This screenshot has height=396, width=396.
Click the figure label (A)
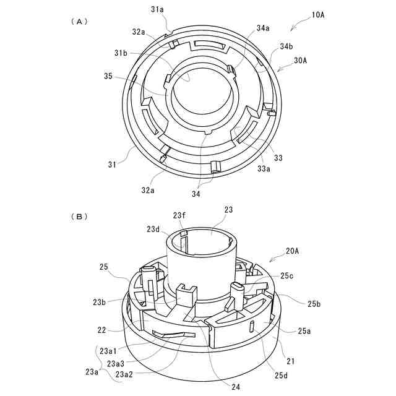pyautogui.click(x=79, y=21)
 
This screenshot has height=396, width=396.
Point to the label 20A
pyautogui.click(x=293, y=251)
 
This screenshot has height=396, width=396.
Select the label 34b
pyautogui.click(x=286, y=46)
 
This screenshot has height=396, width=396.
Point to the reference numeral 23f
pyautogui.click(x=179, y=215)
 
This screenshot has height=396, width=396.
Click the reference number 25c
pyautogui.click(x=287, y=275)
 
